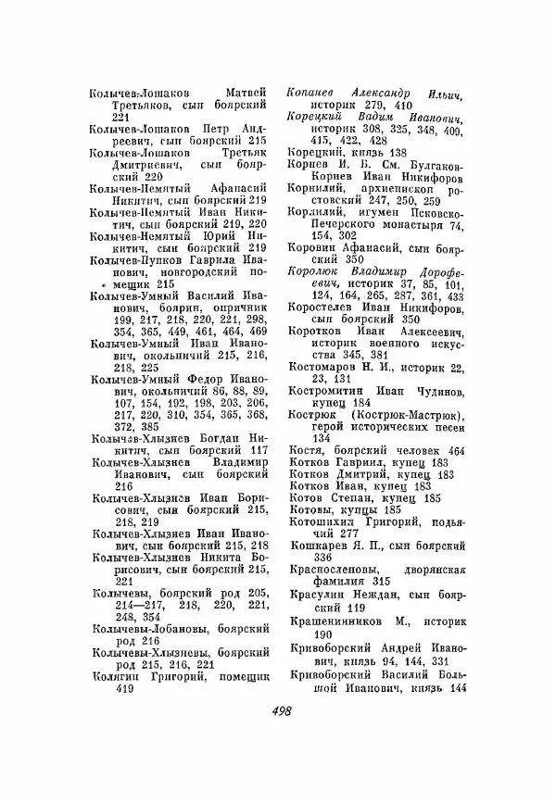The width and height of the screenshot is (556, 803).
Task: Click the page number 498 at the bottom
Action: click(x=277, y=736)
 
